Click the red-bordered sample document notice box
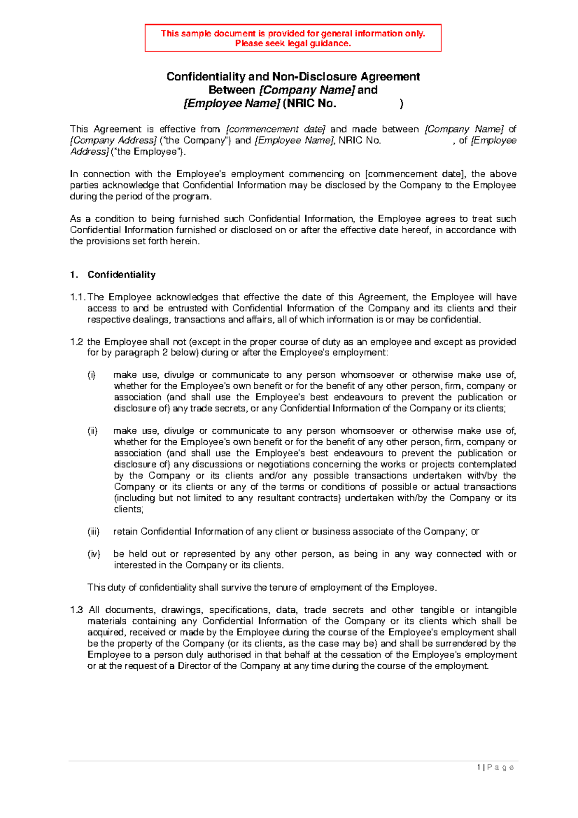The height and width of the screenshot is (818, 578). [x=293, y=38]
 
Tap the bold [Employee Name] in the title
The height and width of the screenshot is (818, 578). [x=232, y=104]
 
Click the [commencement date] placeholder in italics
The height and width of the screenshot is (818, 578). [x=276, y=129]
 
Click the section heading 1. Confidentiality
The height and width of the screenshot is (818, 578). [x=113, y=275]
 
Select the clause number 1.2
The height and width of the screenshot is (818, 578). [x=76, y=342]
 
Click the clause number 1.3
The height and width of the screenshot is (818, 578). [x=76, y=610]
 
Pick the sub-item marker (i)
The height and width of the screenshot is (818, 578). [x=92, y=375]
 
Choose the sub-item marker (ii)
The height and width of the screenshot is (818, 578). [x=92, y=431]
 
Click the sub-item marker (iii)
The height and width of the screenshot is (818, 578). [x=93, y=532]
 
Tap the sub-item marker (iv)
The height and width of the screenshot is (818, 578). [x=93, y=554]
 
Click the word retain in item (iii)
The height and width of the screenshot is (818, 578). [x=125, y=532]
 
